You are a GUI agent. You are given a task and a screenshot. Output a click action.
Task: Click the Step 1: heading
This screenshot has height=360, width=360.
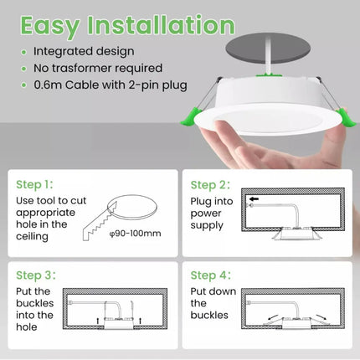click(37, 184)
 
